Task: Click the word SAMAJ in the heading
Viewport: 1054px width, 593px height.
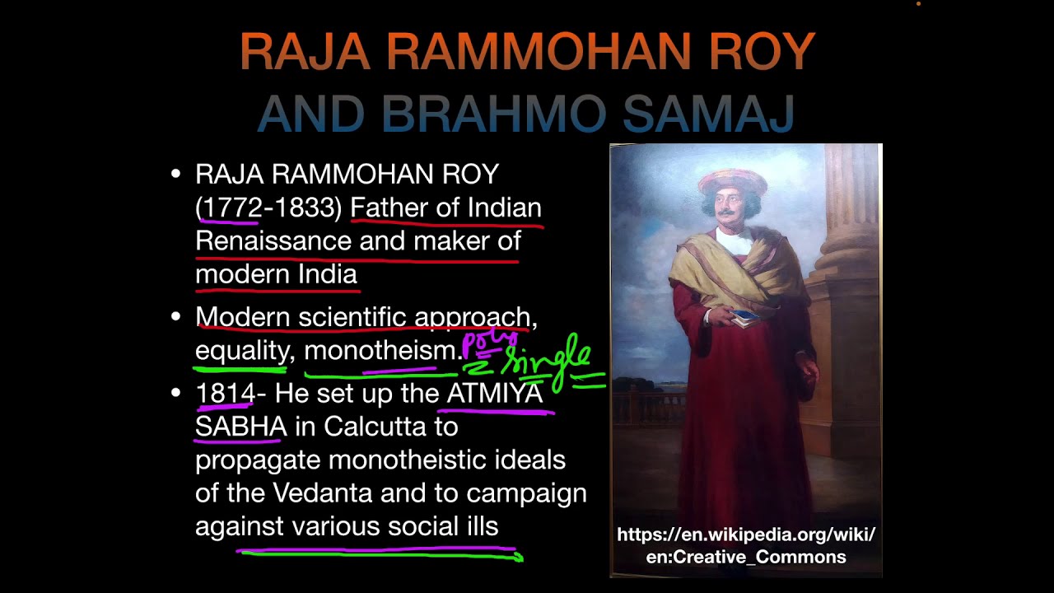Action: click(x=708, y=114)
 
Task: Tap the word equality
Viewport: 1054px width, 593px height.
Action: click(x=241, y=351)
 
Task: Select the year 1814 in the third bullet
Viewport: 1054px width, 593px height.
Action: click(x=224, y=394)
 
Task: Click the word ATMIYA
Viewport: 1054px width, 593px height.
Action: click(x=494, y=394)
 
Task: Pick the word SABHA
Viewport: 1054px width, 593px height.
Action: click(x=240, y=427)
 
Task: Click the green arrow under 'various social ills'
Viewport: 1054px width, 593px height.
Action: click(x=379, y=556)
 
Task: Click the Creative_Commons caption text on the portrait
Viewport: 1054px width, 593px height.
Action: click(x=745, y=557)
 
